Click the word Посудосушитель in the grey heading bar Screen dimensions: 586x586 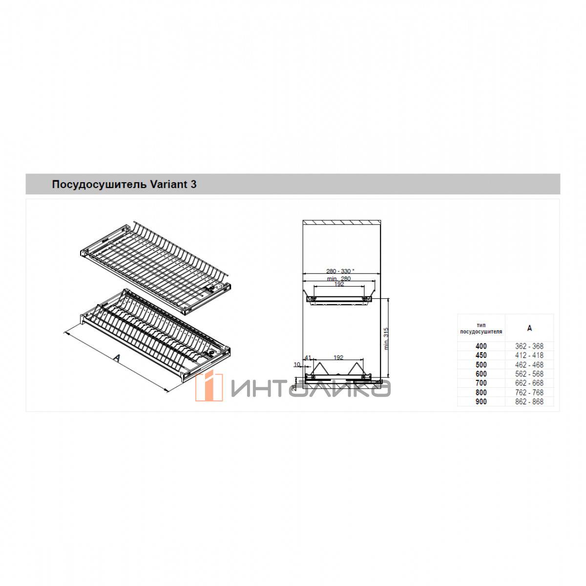tap(99, 185)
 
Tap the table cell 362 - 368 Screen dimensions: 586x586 tap(529, 346)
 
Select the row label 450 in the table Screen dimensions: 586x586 tap(481, 355)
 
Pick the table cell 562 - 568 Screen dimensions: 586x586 tap(529, 374)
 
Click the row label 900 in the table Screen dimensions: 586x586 tap(481, 401)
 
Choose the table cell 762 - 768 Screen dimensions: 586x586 tap(529, 392)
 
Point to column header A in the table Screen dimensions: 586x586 tap(529, 328)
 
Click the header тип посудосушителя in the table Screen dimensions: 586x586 tap(481, 328)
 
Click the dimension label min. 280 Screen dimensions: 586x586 tap(339, 278)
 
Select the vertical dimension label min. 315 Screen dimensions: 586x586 tap(386, 339)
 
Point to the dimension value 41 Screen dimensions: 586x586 tap(308, 357)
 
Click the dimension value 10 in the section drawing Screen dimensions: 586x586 tap(297, 364)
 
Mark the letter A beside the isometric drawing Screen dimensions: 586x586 tap(117, 357)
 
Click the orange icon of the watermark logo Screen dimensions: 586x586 tap(209, 386)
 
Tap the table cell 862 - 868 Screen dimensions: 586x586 tap(529, 401)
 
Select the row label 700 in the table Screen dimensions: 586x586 tap(481, 383)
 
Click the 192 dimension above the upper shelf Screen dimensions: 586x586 tap(339, 284)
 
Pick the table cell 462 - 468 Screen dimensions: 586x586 tap(529, 365)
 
